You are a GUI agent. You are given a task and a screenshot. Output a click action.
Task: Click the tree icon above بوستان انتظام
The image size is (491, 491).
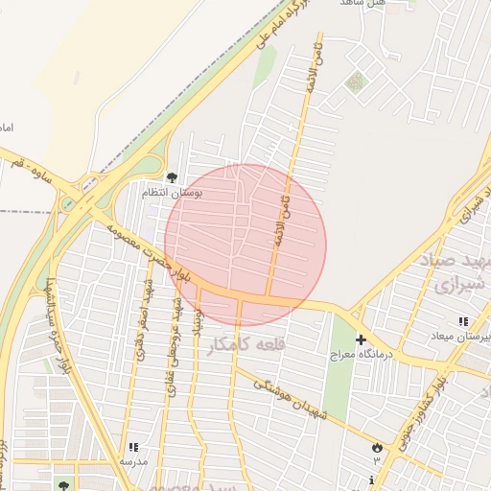[x=172, y=177]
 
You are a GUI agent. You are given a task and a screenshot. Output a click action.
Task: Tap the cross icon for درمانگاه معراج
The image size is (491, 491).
[x=361, y=340]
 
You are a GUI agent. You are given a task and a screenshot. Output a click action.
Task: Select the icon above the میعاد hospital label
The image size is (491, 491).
[x=463, y=322]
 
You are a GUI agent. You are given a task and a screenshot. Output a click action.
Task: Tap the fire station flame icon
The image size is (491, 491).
[x=377, y=447]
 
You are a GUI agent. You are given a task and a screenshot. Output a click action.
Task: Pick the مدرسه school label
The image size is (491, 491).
[x=133, y=461]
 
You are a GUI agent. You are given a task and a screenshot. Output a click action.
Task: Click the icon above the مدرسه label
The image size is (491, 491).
[x=133, y=447]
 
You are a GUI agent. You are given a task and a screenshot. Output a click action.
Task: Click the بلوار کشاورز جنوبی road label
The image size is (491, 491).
[x=423, y=408]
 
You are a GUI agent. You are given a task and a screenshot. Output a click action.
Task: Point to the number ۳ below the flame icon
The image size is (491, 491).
[x=377, y=461]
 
